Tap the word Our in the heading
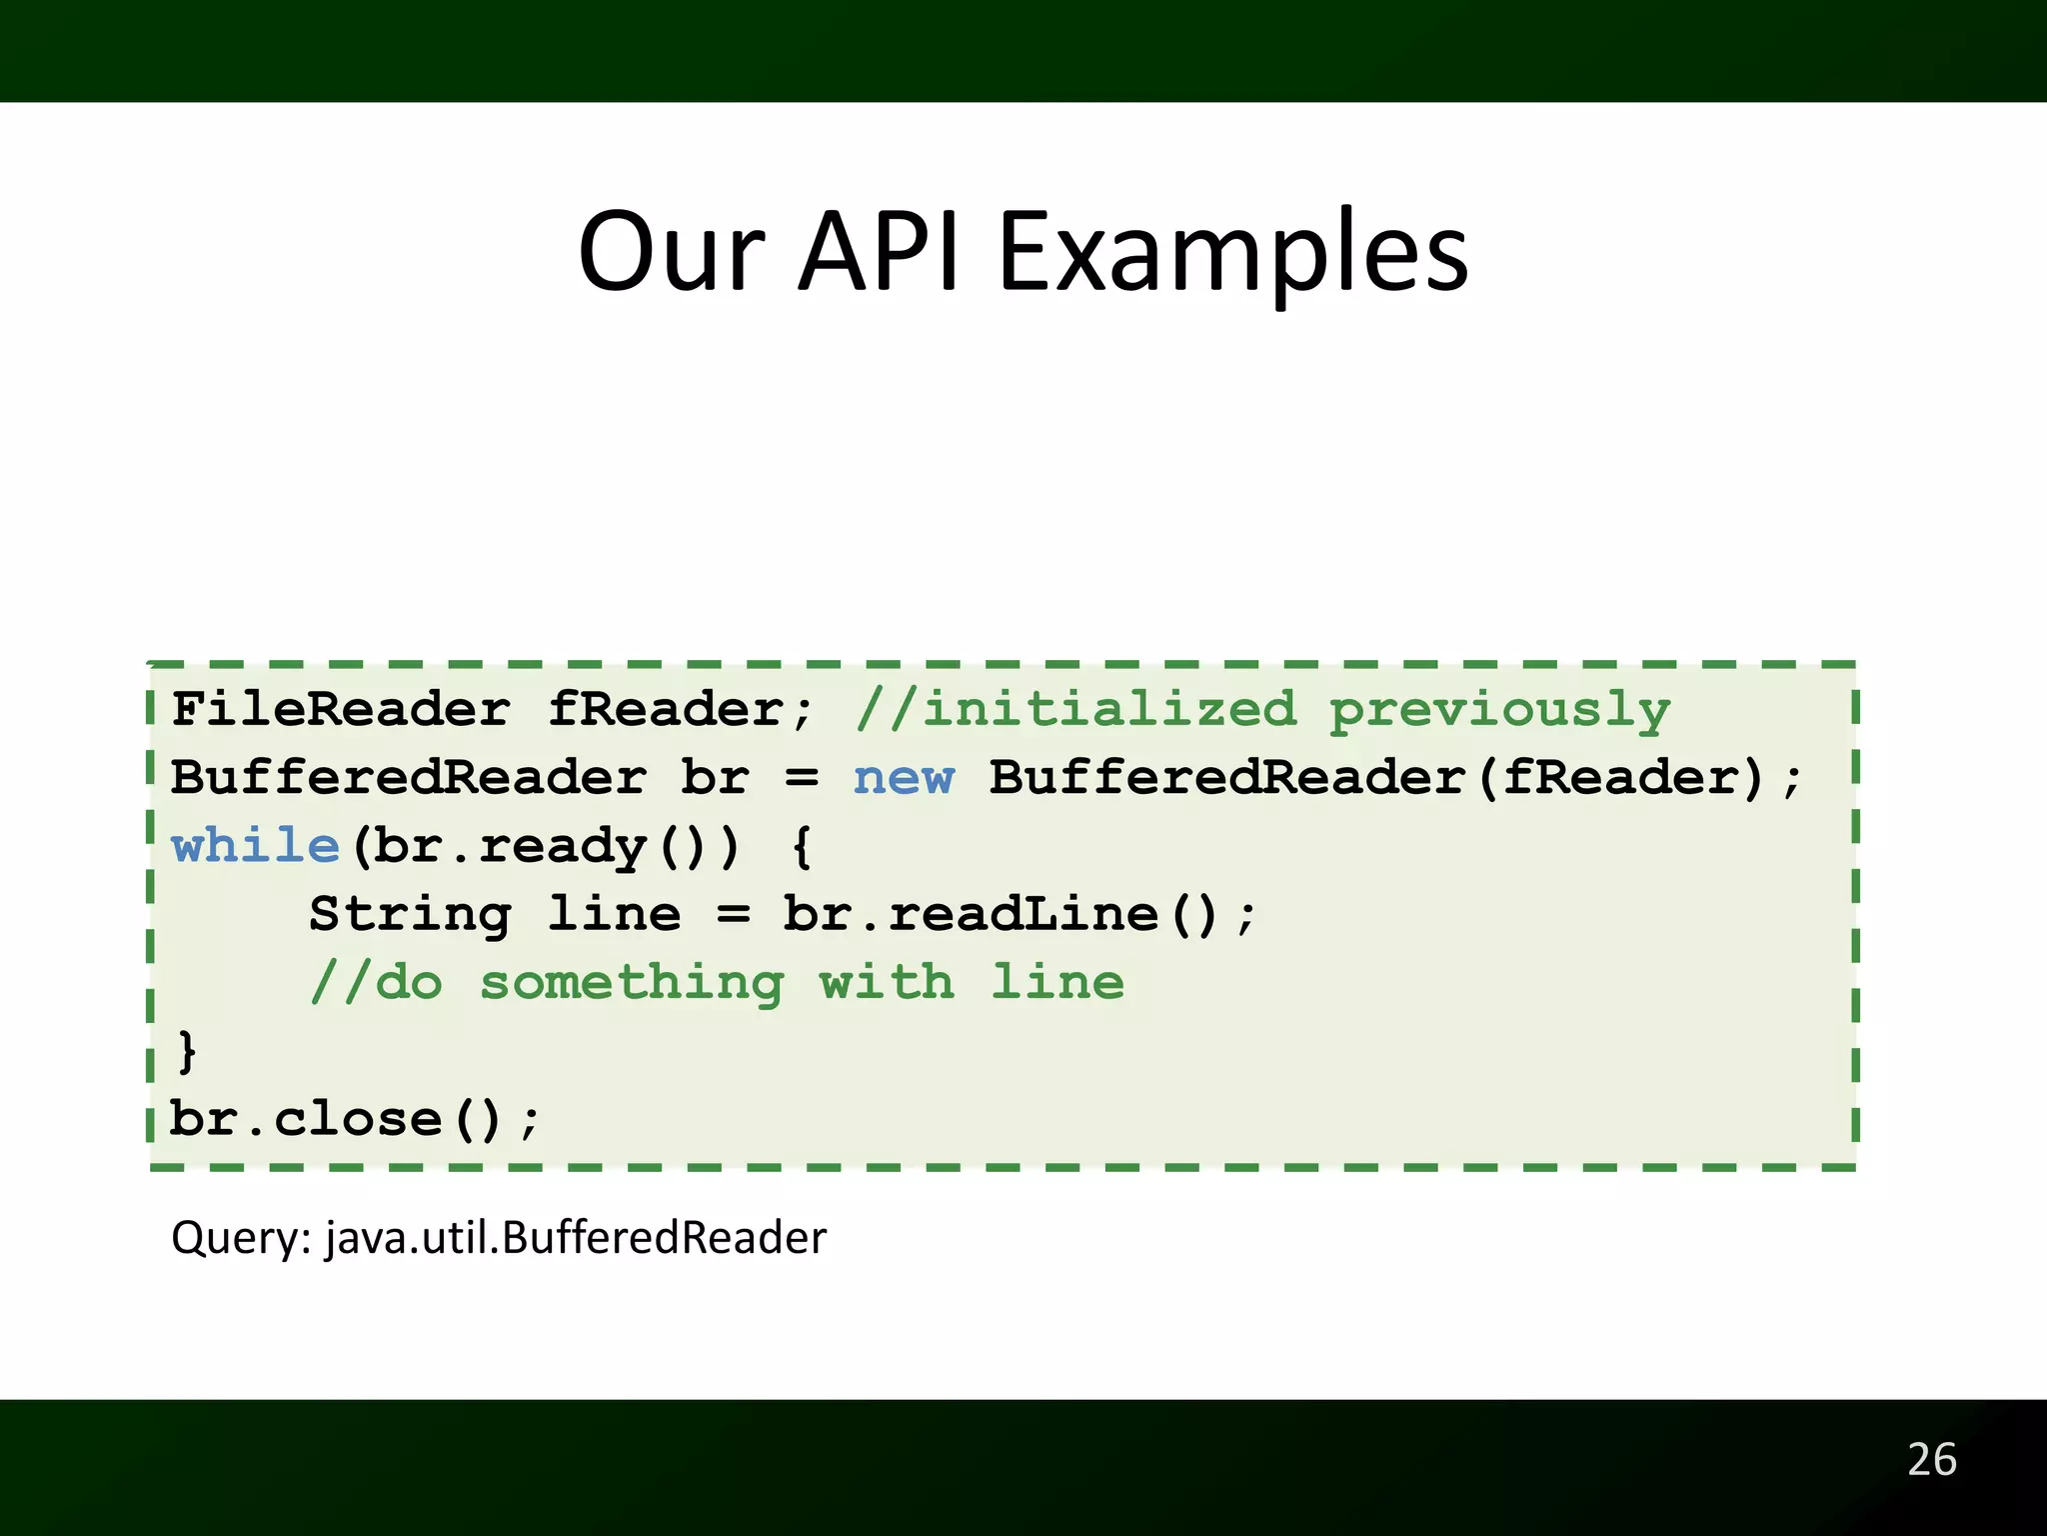pos(671,253)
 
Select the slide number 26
pos(1931,1460)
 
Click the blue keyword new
pos(904,778)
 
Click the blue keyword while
pos(256,846)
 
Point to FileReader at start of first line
pos(340,710)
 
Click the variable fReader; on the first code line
pos(682,710)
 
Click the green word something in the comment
pos(632,983)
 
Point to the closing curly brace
pos(187,1052)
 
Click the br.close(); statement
pos(354,1119)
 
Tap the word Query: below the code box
pos(241,1239)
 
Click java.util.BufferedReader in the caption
pos(576,1239)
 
